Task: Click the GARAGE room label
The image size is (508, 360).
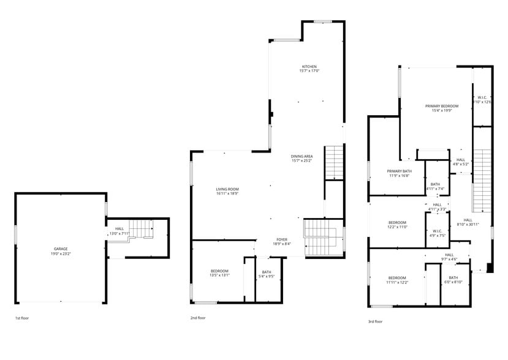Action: (x=60, y=249)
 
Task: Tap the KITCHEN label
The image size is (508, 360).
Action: (x=309, y=67)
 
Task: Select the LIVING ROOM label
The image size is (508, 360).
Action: (x=227, y=189)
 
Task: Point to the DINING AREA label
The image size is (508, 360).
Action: (x=301, y=156)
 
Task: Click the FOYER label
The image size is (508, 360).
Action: (x=282, y=240)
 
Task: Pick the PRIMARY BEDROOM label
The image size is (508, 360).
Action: (x=442, y=106)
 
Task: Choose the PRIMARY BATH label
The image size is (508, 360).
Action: (x=399, y=171)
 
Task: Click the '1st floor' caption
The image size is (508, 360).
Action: (x=22, y=318)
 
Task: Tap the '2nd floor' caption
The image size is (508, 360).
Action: (x=197, y=318)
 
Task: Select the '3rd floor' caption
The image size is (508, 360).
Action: (x=375, y=321)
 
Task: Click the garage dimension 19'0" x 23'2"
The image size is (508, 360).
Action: (x=60, y=253)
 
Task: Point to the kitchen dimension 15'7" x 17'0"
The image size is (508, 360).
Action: (x=309, y=71)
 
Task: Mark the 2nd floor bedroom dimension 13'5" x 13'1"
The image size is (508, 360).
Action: (x=219, y=276)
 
